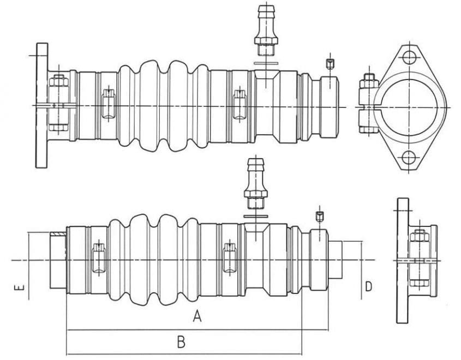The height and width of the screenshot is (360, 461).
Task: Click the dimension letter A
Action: click(197, 316)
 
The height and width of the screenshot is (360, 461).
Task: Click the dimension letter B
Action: click(181, 342)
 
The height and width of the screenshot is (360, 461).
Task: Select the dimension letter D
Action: click(368, 286)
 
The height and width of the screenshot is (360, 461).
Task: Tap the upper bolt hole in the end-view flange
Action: click(409, 58)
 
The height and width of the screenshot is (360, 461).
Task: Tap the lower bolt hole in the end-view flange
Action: click(409, 158)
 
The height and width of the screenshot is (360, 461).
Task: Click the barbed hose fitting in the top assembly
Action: click(266, 30)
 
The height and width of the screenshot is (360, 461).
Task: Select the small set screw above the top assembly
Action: click(330, 64)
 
